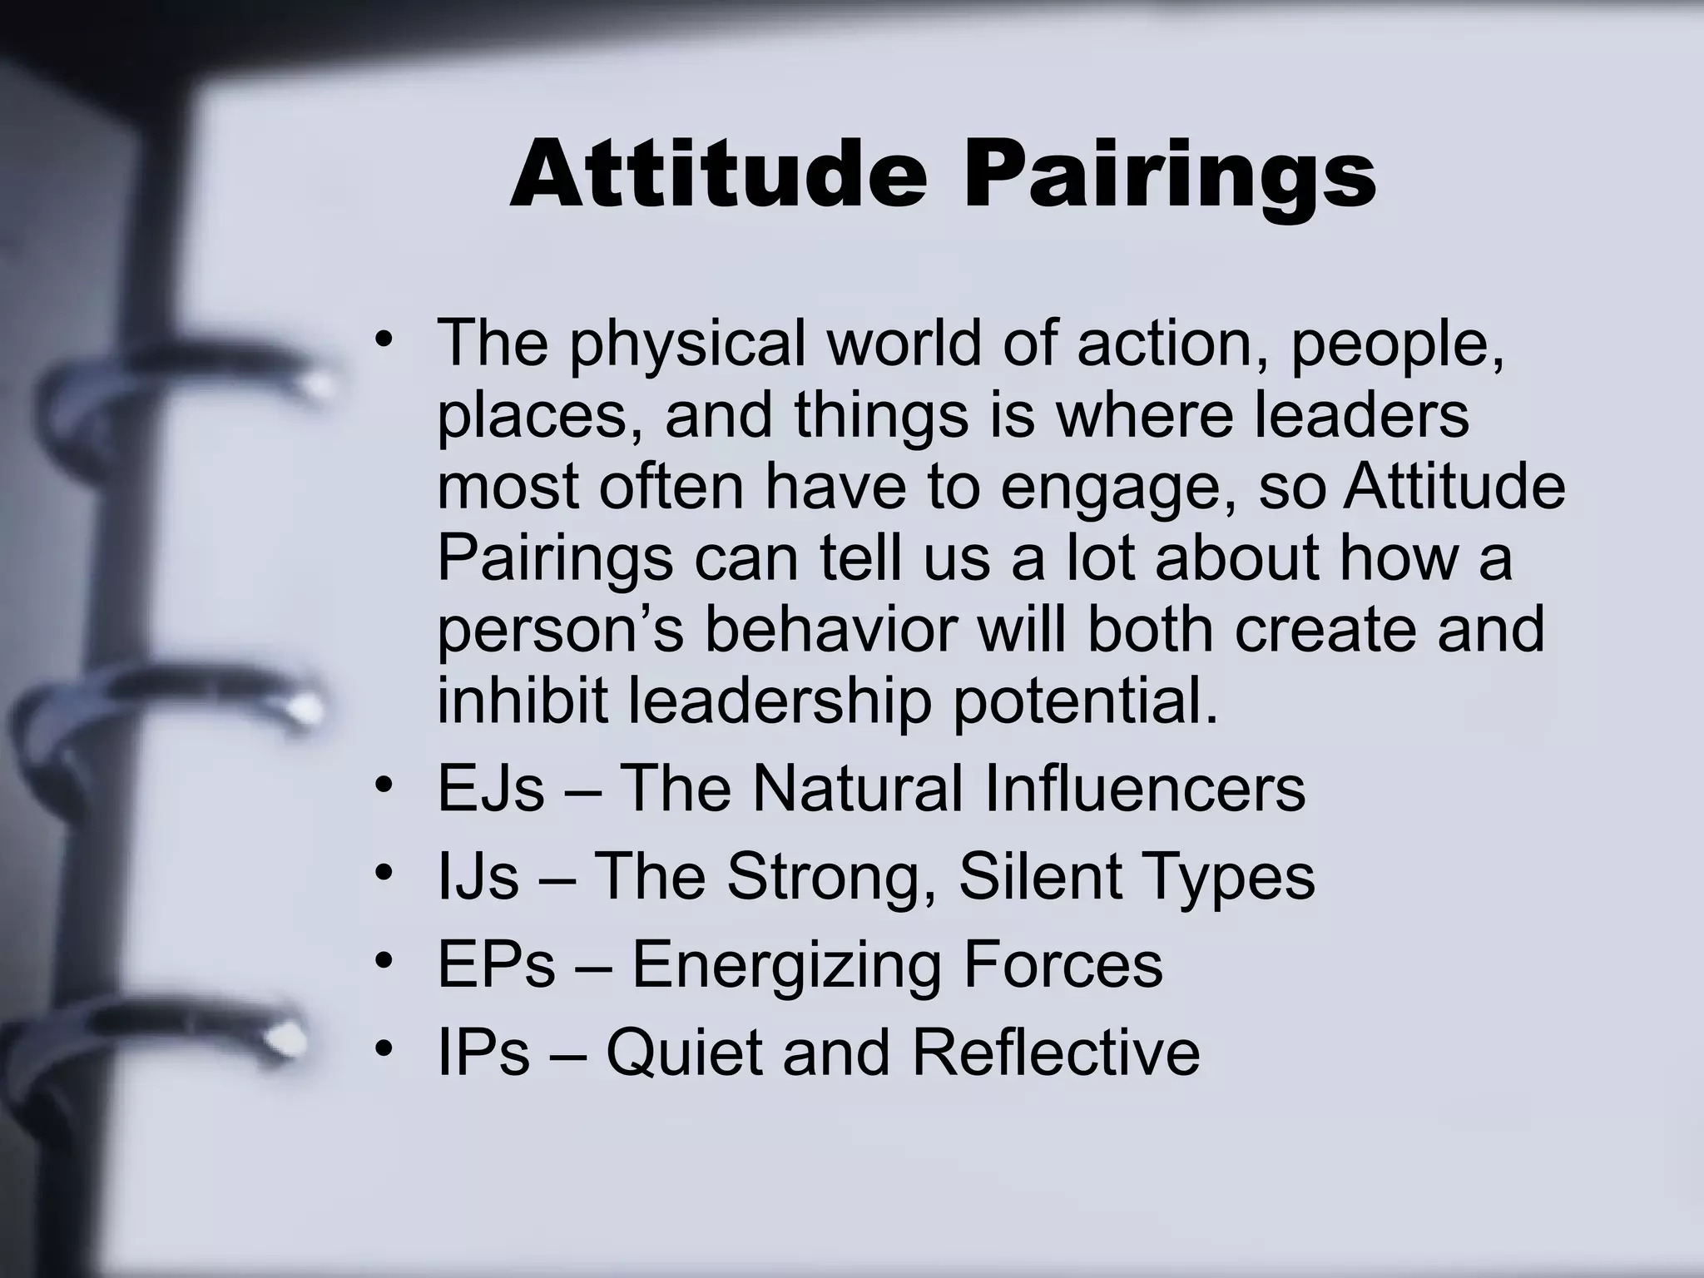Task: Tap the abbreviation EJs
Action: pos(490,789)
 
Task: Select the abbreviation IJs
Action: pos(478,877)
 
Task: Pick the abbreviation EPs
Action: pos(496,965)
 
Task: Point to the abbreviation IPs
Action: pos(483,1053)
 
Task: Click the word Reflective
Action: pos(1055,1053)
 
